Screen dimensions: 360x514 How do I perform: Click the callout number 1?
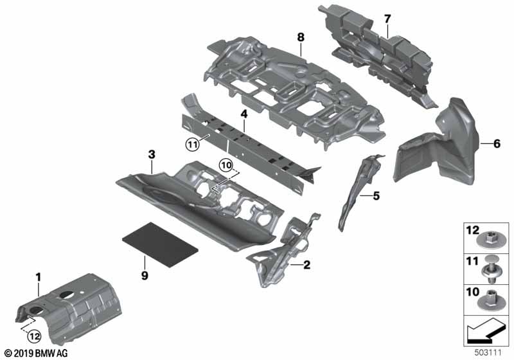click(x=38, y=277)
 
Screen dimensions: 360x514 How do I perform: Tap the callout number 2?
click(x=307, y=264)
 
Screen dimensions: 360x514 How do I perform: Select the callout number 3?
click(x=152, y=155)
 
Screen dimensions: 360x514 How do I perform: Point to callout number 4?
click(x=244, y=114)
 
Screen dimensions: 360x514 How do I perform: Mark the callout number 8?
click(x=300, y=37)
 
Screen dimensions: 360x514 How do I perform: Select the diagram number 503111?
click(x=492, y=352)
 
